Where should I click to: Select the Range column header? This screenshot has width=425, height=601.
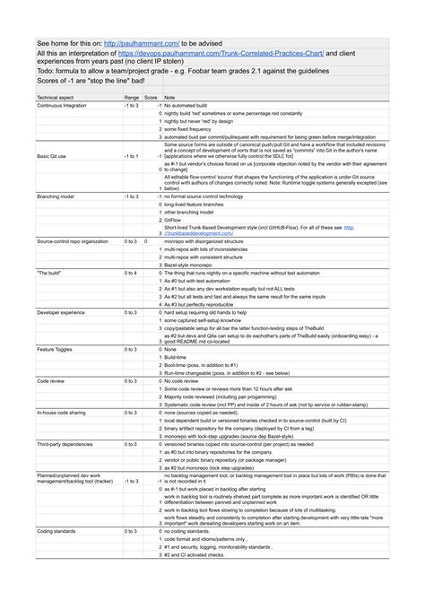(x=132, y=96)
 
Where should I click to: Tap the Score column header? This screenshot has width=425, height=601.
(x=152, y=96)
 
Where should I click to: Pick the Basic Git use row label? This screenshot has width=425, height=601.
(x=53, y=155)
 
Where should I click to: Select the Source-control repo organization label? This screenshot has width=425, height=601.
(x=73, y=242)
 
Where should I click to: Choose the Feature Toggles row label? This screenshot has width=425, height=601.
(x=55, y=347)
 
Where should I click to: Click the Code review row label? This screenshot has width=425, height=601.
(x=50, y=381)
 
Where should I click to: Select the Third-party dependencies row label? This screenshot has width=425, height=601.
(x=65, y=444)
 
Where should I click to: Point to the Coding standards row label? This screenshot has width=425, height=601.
(x=56, y=532)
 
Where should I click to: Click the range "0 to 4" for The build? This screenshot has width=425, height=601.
(x=131, y=273)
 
